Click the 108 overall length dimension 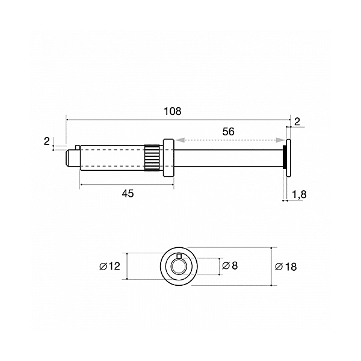(172, 111)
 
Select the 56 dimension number (228, 131)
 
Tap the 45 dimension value (128, 193)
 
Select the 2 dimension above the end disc (297, 122)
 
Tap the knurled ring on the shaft (152, 158)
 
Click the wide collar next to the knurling (168, 158)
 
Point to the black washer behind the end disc (285, 158)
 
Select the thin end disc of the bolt (289, 158)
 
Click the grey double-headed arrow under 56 (229, 140)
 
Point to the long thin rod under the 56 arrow (229, 158)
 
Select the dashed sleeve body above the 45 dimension (111, 158)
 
